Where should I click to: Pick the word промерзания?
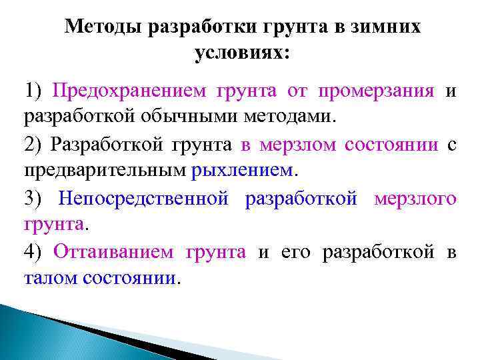click(x=376, y=91)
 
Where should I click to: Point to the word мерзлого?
click(x=415, y=198)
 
